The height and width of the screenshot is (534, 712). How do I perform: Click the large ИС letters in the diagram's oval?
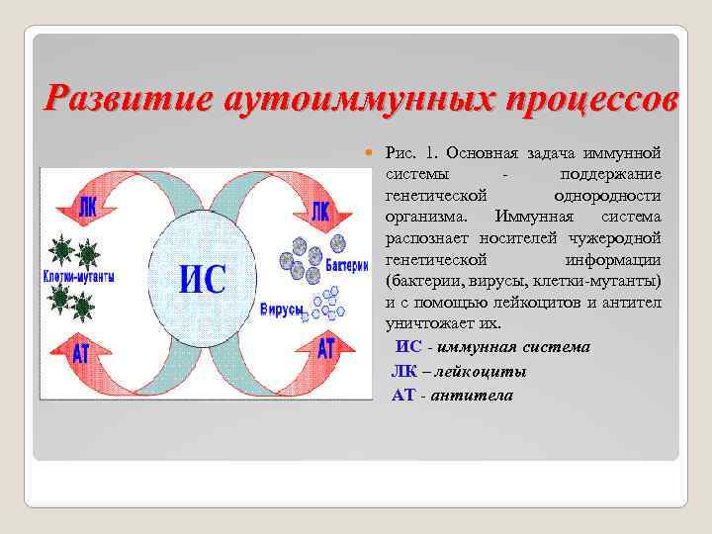(202, 281)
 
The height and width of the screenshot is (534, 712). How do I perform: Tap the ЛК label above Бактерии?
(319, 211)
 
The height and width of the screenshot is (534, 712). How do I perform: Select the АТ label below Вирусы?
(324, 348)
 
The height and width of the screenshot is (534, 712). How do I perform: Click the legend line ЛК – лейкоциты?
(459, 371)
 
